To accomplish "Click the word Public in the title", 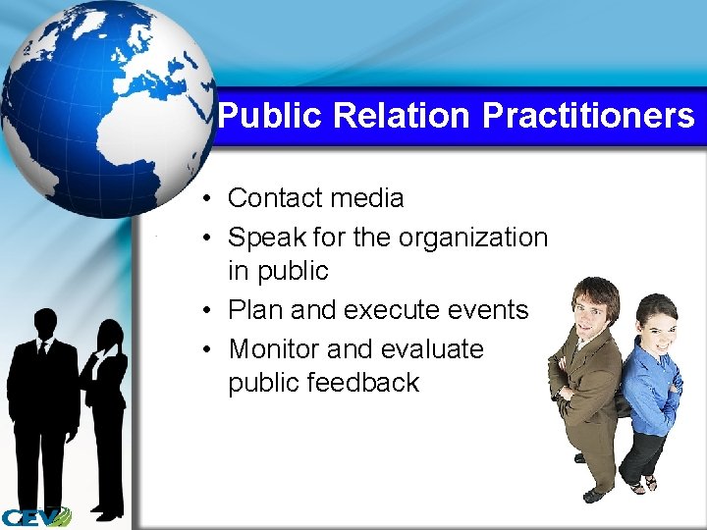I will tap(271, 116).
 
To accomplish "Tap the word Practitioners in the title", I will tap(588, 116).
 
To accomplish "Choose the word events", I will tap(488, 310).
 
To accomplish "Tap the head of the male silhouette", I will tap(45, 323).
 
